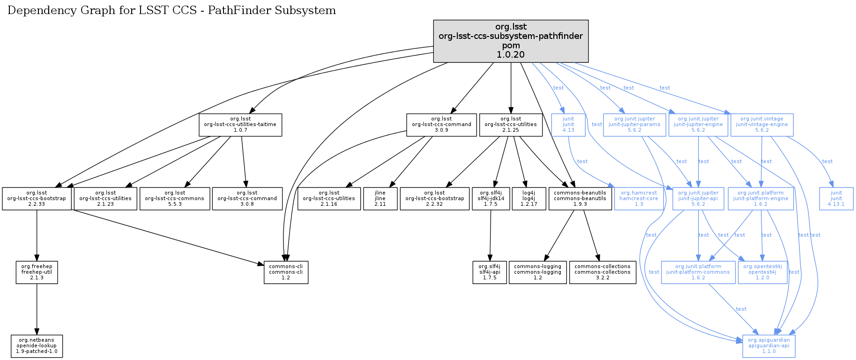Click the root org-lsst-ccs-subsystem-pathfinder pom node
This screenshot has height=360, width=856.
point(511,41)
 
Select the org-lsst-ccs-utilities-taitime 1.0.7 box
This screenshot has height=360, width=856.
point(240,125)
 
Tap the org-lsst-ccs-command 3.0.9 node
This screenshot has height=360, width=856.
point(441,125)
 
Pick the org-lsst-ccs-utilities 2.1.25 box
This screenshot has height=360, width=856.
point(511,125)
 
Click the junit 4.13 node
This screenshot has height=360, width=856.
point(568,125)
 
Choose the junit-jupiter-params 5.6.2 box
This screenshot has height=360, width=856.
point(634,125)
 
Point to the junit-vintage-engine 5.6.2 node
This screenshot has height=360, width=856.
point(762,125)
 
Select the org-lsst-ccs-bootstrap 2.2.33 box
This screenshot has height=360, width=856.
point(37,199)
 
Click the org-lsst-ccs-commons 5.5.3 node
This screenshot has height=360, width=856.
point(175,199)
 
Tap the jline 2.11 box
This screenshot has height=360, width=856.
point(380,199)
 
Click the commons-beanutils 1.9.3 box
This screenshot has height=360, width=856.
point(580,199)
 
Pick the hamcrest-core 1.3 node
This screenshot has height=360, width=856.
point(639,199)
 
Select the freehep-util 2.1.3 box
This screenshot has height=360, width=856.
point(37,272)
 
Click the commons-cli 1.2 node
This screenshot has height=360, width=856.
point(286,272)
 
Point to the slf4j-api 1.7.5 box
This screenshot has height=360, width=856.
point(490,272)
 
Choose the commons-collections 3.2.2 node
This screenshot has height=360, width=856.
point(603,272)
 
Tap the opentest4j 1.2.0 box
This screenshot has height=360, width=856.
point(762,272)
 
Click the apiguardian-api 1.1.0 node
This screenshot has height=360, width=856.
point(768,346)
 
